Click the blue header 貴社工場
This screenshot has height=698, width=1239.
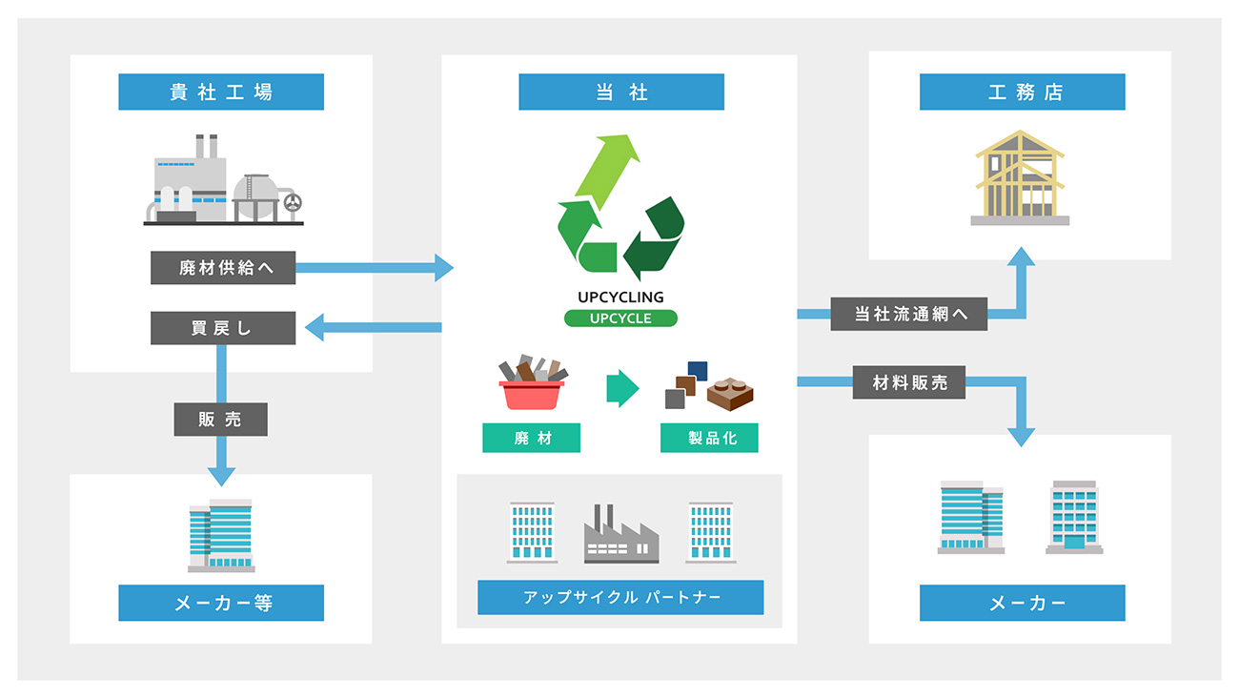click(x=221, y=92)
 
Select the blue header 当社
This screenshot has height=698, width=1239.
click(x=620, y=92)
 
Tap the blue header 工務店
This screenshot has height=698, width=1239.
click(x=1022, y=92)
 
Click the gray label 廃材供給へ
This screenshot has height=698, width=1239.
click(x=223, y=268)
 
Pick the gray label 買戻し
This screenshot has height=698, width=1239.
click(x=223, y=329)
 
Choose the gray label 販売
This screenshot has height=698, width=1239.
click(x=220, y=420)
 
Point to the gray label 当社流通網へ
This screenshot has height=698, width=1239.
click(x=908, y=314)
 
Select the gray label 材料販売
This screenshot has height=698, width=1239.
click(x=910, y=382)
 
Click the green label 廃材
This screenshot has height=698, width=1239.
click(x=531, y=438)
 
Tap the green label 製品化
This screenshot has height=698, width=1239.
click(x=709, y=438)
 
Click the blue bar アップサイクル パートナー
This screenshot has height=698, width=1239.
click(x=620, y=598)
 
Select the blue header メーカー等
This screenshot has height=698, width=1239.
click(x=221, y=604)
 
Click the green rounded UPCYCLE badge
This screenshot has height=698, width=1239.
click(x=620, y=318)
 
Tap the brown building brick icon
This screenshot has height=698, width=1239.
click(x=731, y=392)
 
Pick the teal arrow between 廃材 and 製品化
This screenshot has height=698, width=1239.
click(x=621, y=388)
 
